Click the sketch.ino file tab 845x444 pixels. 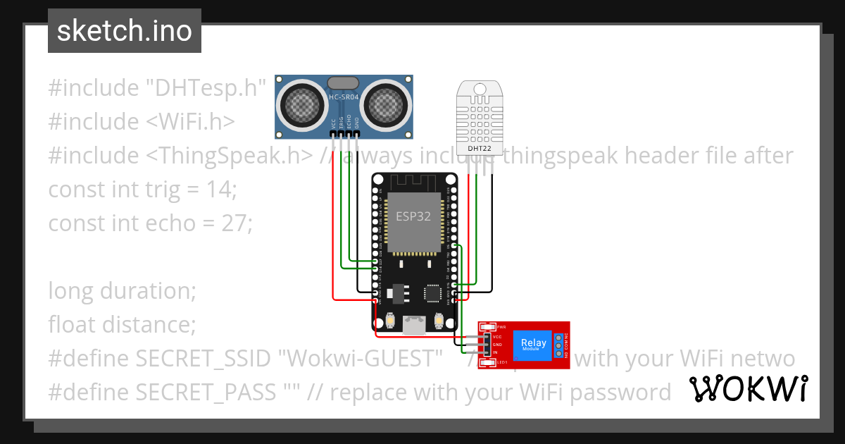(124, 31)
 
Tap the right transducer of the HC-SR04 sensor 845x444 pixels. (386, 106)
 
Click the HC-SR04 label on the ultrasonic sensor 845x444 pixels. (344, 97)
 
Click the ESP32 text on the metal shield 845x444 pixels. (413, 216)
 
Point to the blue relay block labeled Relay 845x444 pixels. (534, 345)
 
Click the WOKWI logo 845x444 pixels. (747, 389)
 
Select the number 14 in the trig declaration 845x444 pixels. (222, 190)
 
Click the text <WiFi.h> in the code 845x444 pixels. (190, 122)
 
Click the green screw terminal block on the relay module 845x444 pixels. (559, 345)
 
